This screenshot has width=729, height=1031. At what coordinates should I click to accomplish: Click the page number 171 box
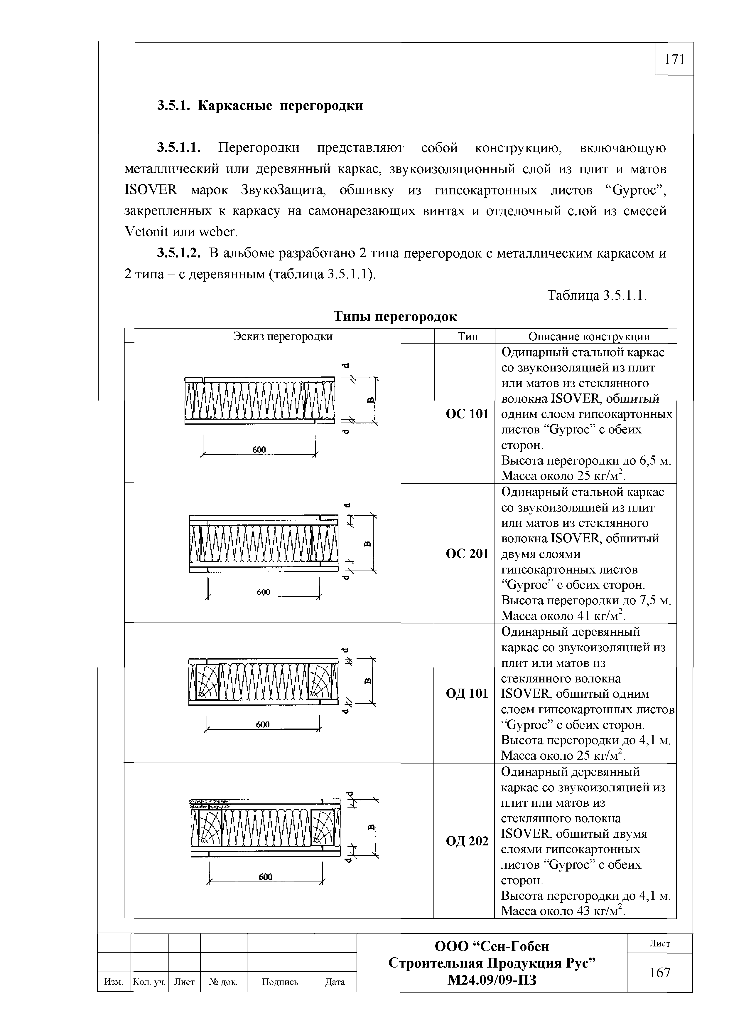click(x=674, y=59)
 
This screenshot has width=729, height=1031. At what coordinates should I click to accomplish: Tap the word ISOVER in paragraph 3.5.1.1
click(x=151, y=190)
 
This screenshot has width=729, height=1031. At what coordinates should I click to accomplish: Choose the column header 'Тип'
click(x=467, y=336)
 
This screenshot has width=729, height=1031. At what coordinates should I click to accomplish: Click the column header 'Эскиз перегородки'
click(x=283, y=336)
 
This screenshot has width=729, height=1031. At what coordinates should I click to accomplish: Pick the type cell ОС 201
click(x=467, y=554)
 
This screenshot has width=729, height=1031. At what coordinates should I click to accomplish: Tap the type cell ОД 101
click(x=467, y=694)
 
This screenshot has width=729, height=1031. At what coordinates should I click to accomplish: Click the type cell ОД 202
click(x=467, y=841)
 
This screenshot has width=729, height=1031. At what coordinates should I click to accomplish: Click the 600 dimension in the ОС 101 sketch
click(x=259, y=450)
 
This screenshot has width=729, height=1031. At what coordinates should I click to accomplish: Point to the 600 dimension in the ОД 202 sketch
click(x=265, y=877)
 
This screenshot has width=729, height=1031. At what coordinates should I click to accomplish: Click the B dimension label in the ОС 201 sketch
click(x=367, y=544)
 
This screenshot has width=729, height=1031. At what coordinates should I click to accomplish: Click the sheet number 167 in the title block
click(x=660, y=973)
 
